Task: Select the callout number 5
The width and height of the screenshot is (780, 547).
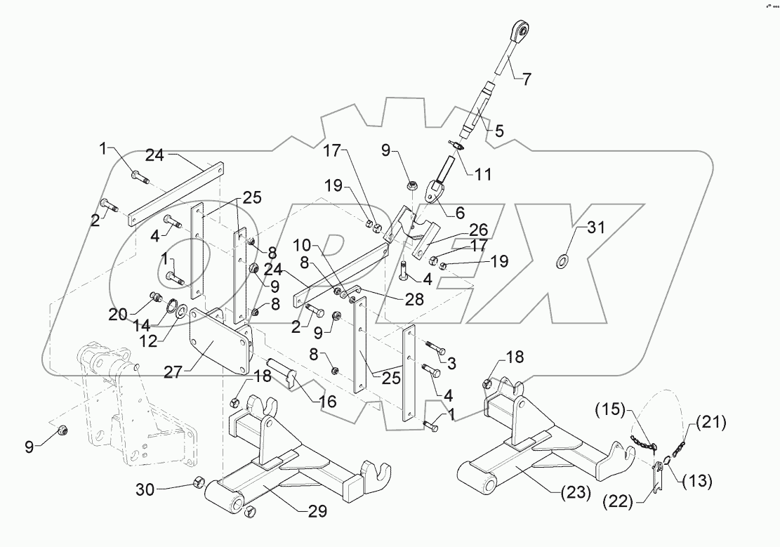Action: (499, 131)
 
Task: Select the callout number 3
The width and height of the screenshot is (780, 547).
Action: (452, 363)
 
